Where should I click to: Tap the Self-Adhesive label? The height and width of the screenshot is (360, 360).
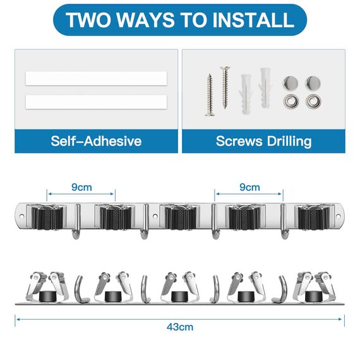(96, 140)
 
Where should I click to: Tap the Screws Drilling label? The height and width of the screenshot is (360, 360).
(263, 140)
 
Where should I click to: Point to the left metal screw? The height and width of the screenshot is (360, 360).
(210, 94)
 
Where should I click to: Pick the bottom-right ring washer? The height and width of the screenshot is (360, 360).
(313, 100)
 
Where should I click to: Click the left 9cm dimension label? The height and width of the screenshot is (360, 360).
(80, 187)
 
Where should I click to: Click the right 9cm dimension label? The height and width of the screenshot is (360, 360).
(249, 187)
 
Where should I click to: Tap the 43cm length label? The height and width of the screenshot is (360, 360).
(181, 327)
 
